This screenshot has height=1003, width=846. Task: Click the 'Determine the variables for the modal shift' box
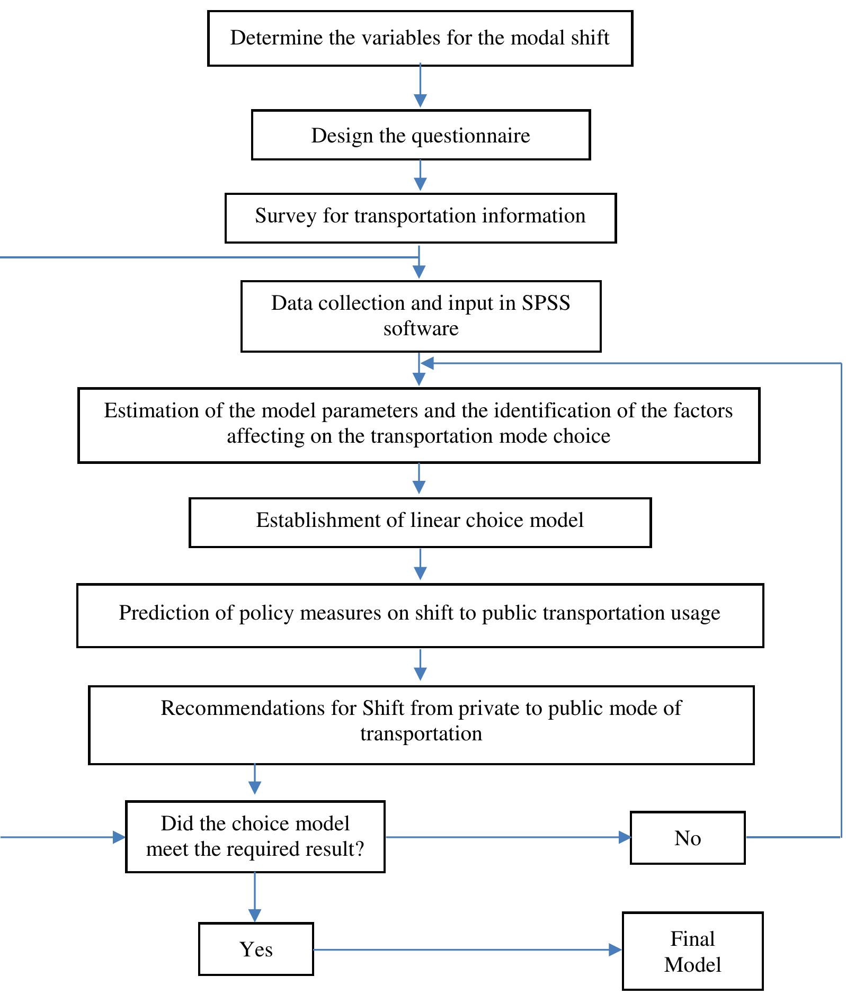[x=420, y=38]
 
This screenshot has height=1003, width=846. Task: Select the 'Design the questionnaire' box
[x=421, y=135]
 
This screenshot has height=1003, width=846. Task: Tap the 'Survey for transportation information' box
[x=421, y=218]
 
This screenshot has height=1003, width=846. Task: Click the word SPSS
[x=546, y=303]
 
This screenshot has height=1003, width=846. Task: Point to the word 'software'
[x=421, y=329]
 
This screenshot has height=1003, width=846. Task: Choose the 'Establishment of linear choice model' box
[x=420, y=523]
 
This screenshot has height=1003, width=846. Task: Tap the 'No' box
[x=688, y=838]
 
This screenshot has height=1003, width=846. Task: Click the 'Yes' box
[x=256, y=949]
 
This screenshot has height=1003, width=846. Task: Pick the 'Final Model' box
[x=692, y=951]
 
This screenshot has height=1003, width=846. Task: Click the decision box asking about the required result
[x=255, y=837]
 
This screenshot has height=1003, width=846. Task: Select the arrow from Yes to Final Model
[x=468, y=950]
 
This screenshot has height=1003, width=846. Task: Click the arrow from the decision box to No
[x=508, y=837]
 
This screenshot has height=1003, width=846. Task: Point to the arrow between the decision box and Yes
[x=255, y=898]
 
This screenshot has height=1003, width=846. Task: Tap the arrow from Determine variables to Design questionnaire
[x=420, y=86]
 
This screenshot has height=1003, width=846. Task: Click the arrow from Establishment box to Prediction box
[x=420, y=564]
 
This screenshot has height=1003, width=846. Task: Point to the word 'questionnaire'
[x=471, y=136]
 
